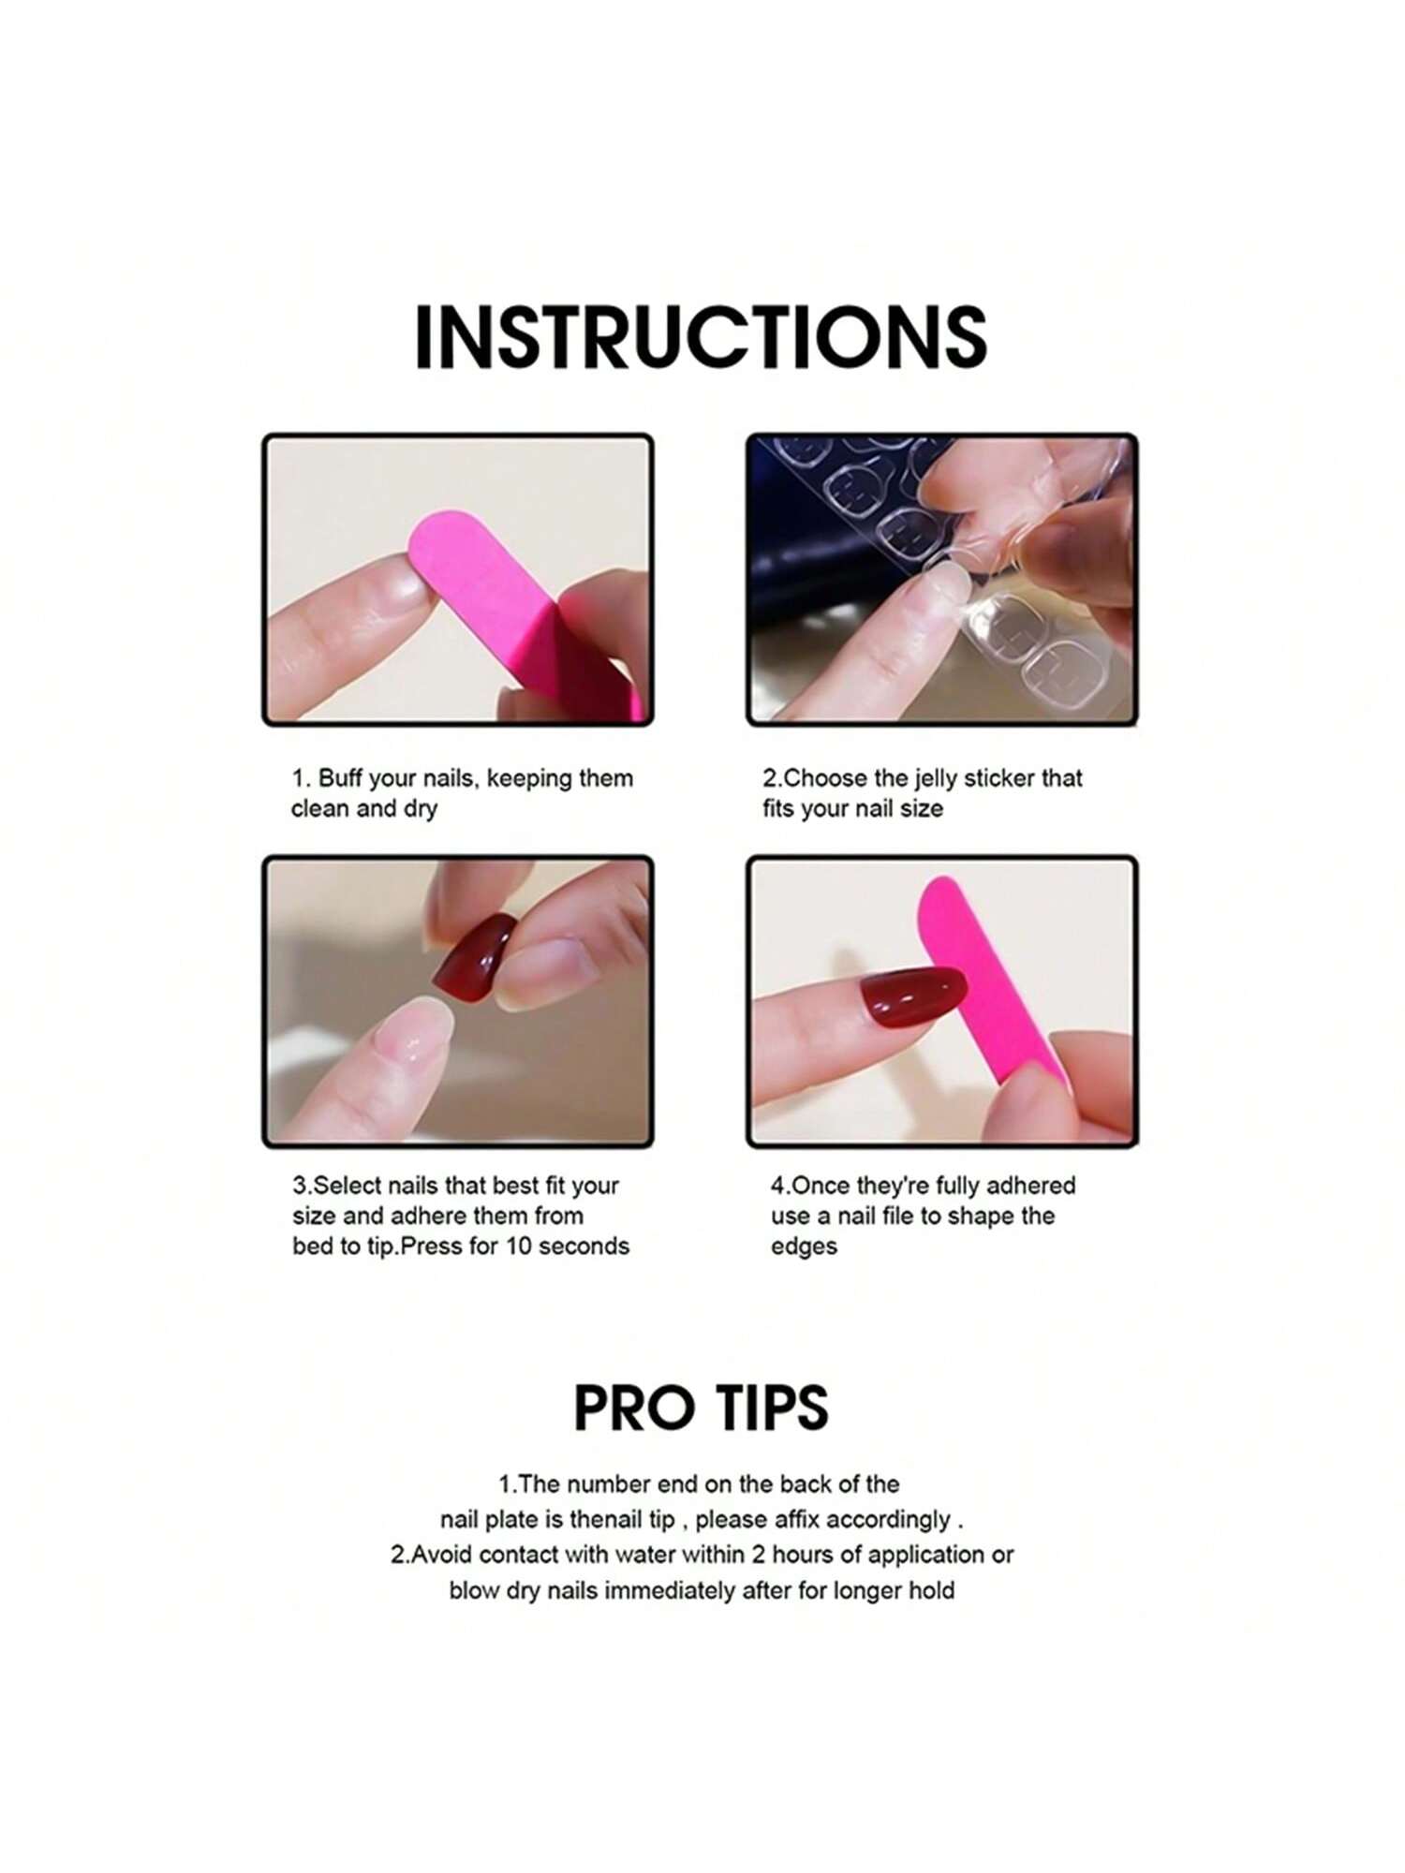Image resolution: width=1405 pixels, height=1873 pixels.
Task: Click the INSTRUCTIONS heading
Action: pos(701,337)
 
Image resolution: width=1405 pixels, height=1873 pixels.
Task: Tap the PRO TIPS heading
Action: pos(701,1408)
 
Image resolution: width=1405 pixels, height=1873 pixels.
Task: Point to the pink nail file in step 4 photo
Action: pos(993,983)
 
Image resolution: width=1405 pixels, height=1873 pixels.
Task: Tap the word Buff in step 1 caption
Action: pos(340,778)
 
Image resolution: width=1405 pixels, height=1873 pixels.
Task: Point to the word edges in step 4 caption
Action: pos(804,1247)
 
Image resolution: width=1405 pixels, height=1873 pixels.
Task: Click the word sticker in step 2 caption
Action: pos(1002,778)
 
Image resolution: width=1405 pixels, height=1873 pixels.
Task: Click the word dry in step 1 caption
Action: pos(421,809)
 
